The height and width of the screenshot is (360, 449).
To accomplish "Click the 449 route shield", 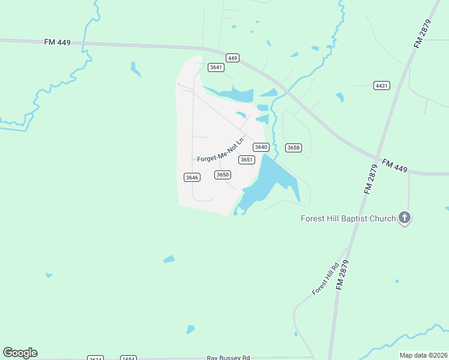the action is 233,58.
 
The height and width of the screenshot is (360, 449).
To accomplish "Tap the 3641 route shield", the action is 216,67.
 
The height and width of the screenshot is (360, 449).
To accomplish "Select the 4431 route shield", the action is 381,86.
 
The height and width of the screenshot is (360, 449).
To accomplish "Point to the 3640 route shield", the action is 261,147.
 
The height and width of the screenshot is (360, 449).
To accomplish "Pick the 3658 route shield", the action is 293,148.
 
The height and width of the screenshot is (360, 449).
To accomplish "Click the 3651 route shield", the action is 247,160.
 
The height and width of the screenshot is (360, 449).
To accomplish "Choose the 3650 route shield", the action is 223,175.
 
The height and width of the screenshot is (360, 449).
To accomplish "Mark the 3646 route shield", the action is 191,177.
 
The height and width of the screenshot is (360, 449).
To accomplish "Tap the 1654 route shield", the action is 128,358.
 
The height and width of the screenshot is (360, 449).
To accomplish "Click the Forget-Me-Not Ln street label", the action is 221,151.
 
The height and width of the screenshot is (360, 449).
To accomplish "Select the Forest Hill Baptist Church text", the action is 348,218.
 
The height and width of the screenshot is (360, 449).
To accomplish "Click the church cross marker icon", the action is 405,218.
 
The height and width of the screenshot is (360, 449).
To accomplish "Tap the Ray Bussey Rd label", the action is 228,357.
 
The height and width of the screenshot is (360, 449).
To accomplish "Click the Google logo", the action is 20,353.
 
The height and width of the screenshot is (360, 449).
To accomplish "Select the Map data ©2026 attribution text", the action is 424,355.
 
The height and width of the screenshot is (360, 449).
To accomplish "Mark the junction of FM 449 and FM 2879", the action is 378,160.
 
